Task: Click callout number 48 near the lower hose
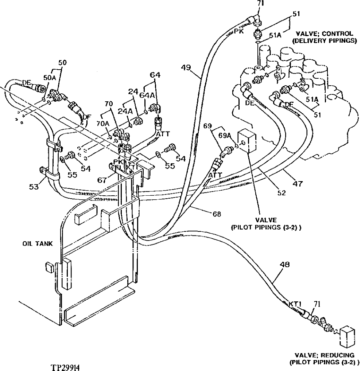(287, 265)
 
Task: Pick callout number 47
(298, 184)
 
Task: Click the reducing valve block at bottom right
(347, 337)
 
